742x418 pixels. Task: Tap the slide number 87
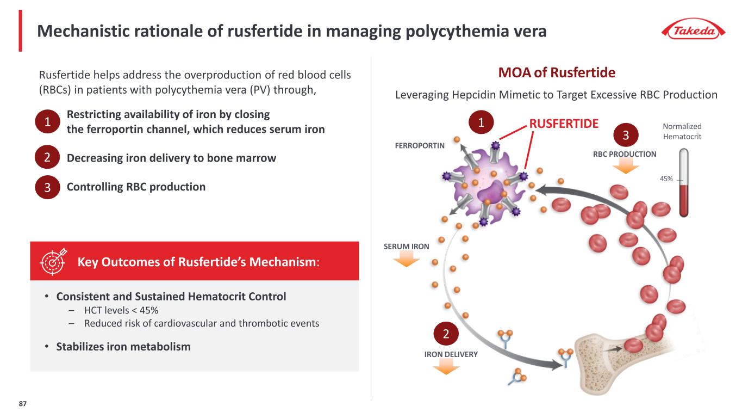[x=22, y=404]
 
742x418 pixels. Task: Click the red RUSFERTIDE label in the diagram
[x=564, y=123]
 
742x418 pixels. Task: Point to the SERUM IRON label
[x=407, y=246]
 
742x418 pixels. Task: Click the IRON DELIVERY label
[x=451, y=354]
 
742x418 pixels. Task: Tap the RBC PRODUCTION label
[x=624, y=154]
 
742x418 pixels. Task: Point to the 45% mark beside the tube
[x=666, y=179]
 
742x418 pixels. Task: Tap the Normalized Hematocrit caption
[x=682, y=131]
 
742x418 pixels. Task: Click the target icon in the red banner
[x=52, y=261]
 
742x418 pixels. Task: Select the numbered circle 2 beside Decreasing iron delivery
[x=47, y=158]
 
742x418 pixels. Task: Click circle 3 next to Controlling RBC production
[x=47, y=188]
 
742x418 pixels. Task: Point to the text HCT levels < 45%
[x=121, y=310]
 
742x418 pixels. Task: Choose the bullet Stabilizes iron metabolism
[x=123, y=347]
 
